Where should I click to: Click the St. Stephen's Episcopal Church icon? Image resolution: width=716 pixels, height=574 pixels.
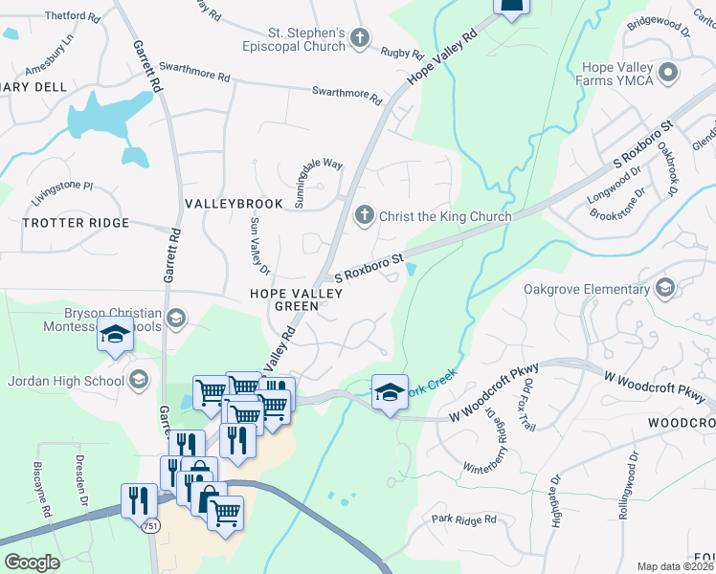click(361, 37)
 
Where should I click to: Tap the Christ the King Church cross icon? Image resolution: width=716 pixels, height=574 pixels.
click(364, 215)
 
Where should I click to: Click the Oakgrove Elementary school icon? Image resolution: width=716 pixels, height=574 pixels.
click(665, 289)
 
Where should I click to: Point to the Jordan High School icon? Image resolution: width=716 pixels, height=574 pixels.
click(140, 381)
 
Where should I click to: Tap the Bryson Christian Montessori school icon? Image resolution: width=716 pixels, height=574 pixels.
click(175, 318)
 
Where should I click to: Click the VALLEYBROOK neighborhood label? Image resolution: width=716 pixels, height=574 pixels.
click(234, 204)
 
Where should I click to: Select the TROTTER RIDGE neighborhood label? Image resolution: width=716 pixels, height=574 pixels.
click(75, 223)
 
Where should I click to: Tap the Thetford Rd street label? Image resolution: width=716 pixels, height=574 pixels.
click(72, 17)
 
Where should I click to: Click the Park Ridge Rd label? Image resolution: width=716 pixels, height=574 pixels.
click(463, 519)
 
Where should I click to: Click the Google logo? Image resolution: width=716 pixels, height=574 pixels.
click(31, 563)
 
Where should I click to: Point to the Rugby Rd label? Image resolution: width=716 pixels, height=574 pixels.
click(401, 53)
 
